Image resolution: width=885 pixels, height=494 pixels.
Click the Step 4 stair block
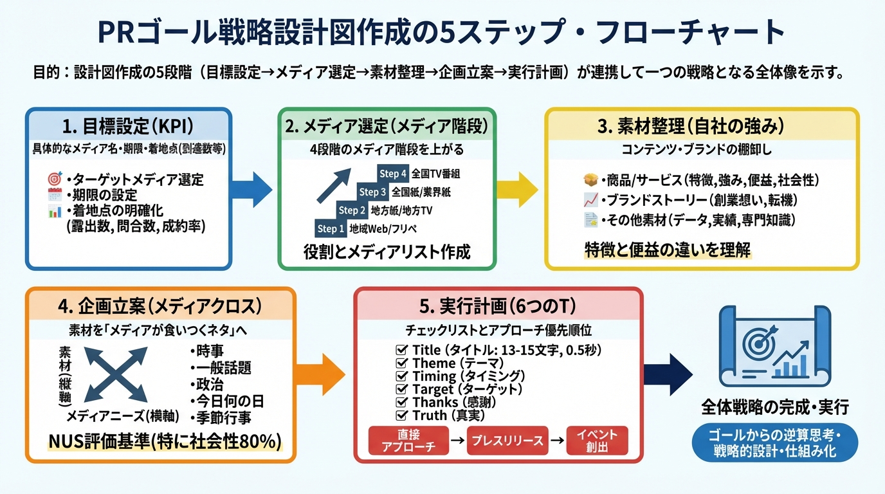coord(393,174)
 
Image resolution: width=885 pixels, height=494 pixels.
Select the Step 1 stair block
coord(331,228)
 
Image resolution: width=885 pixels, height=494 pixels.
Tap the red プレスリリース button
coord(507,441)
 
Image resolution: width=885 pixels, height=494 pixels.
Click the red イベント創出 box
coord(597,441)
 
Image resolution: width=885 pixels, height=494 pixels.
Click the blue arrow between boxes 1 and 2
coord(255,189)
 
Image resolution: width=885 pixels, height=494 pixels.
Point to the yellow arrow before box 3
coord(520,189)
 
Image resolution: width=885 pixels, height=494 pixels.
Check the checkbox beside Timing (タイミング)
coord(402,376)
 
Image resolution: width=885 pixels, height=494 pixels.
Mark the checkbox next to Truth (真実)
coord(402,416)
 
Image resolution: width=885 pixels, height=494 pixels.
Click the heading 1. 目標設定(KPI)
coord(129,126)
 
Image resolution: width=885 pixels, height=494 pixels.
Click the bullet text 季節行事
coord(221,417)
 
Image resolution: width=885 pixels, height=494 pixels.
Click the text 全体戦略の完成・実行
coord(774,408)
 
